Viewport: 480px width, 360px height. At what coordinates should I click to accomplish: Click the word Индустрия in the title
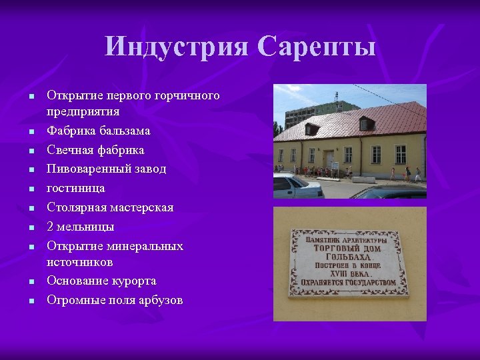(x=175, y=47)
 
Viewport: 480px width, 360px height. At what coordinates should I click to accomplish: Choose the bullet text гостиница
(x=75, y=188)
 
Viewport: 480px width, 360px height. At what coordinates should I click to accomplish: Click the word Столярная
(x=76, y=207)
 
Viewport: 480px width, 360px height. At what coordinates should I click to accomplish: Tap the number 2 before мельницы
(x=50, y=227)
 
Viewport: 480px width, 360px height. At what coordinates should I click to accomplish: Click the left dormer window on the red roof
(x=311, y=129)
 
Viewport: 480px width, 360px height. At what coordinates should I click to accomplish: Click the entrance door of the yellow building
(x=329, y=159)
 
